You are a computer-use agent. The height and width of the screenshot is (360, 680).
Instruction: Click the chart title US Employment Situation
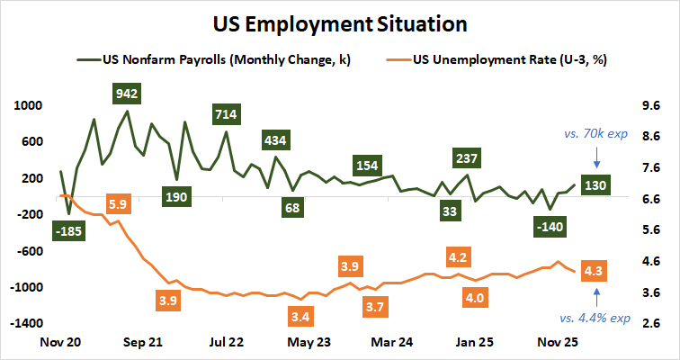[340, 21]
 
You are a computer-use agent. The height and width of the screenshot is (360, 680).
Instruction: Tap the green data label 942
[128, 93]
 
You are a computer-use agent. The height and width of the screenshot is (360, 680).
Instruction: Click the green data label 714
[226, 114]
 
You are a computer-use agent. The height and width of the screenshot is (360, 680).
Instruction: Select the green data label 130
[593, 185]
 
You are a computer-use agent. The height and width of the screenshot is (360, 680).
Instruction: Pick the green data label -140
[549, 227]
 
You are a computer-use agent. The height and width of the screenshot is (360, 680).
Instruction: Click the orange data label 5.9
[117, 203]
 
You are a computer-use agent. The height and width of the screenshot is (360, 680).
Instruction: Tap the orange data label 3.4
[301, 317]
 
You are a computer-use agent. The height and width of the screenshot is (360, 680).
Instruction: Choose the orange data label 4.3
[593, 270]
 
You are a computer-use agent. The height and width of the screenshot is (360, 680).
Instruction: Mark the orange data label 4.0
[474, 298]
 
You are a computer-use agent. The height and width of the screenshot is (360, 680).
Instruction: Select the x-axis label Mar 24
[391, 342]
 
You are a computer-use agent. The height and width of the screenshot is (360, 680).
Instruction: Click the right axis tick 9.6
[649, 104]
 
